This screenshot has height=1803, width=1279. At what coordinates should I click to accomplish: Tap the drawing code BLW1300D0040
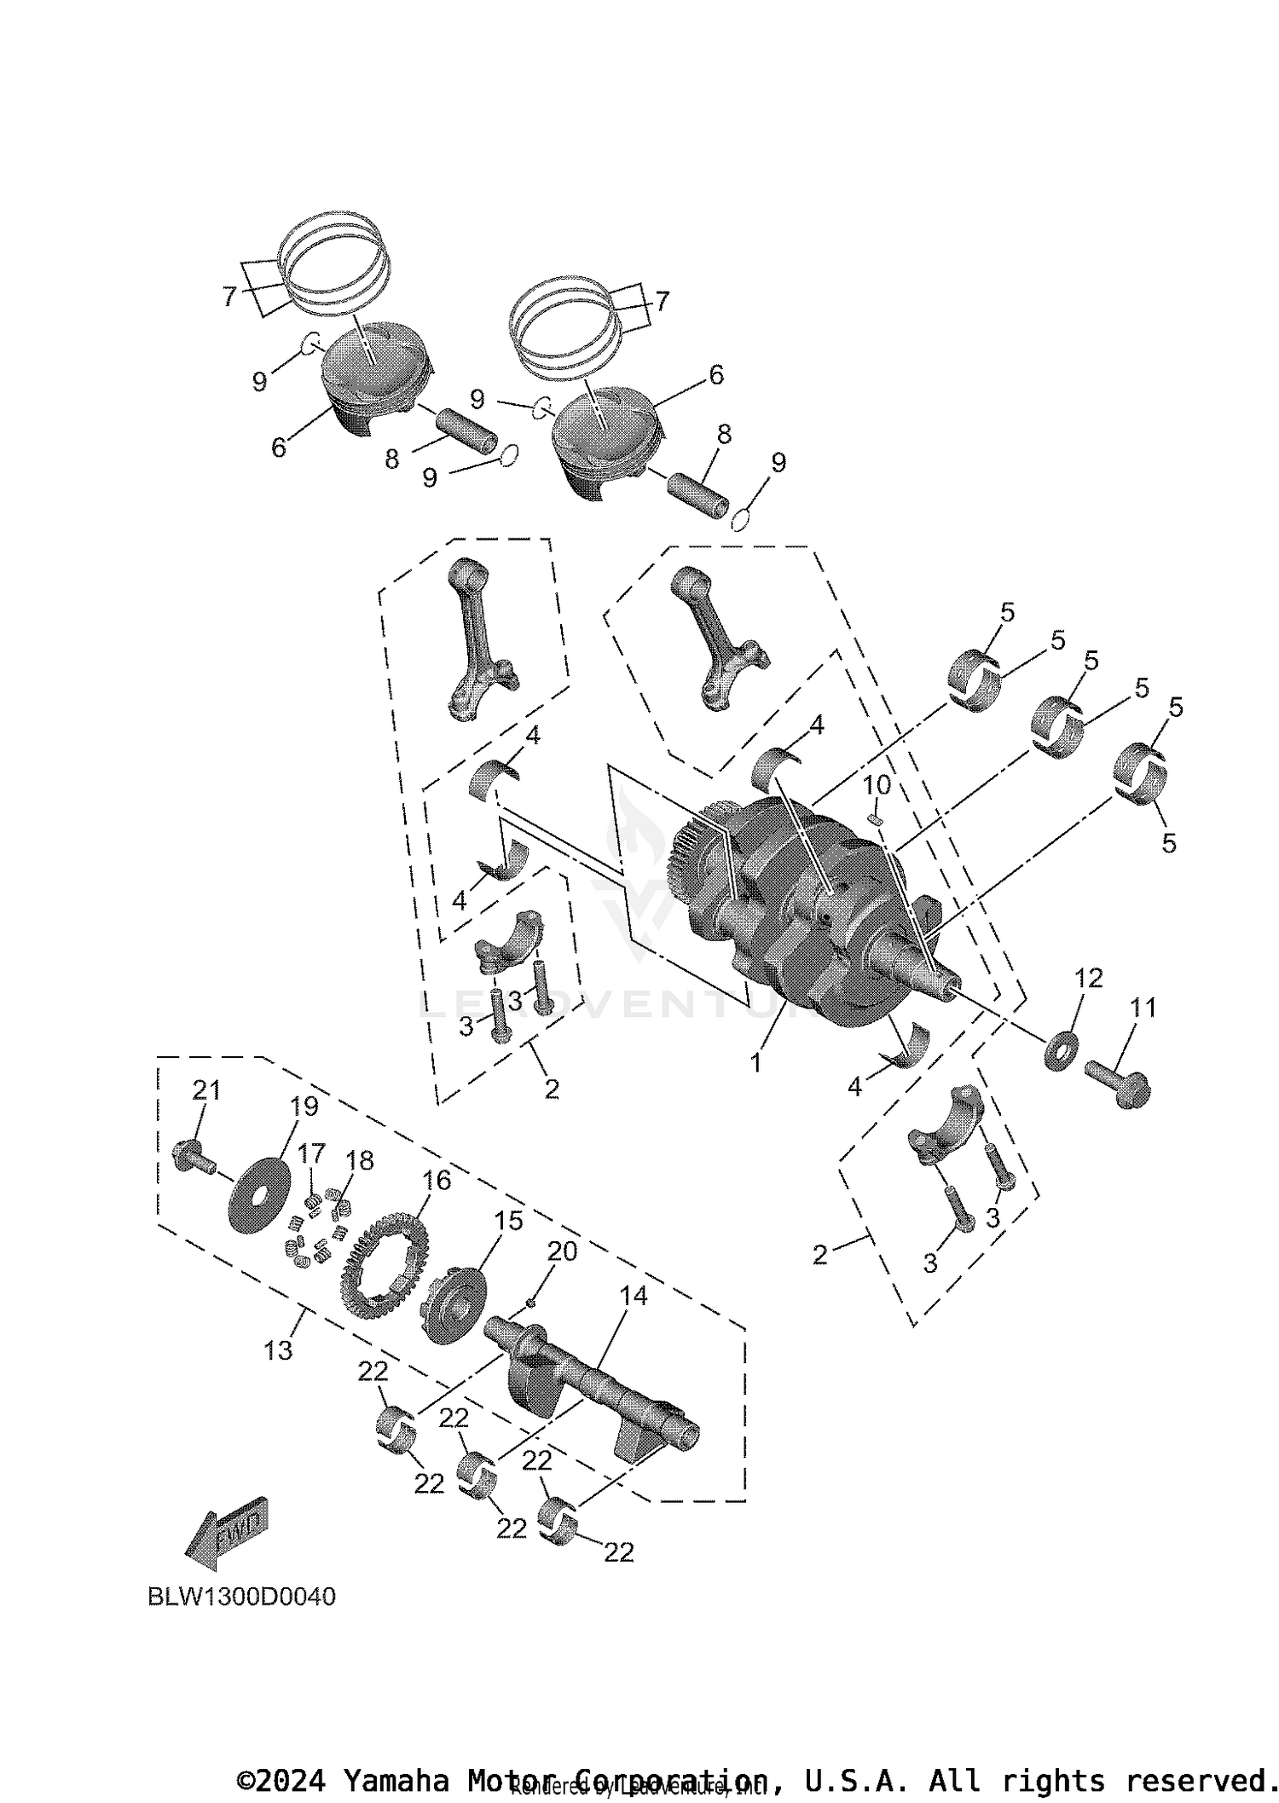click(242, 1596)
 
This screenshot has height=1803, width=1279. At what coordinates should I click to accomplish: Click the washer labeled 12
click(1061, 1050)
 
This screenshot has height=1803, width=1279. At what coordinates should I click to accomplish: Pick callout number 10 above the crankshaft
click(877, 784)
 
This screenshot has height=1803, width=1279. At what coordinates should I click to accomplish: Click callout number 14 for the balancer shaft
click(634, 1296)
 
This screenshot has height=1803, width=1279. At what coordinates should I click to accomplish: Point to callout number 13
click(278, 1350)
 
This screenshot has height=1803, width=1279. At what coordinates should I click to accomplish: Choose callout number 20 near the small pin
click(562, 1251)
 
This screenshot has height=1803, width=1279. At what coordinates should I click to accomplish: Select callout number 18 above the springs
click(360, 1160)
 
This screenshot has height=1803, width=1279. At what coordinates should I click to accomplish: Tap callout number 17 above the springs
click(311, 1153)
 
